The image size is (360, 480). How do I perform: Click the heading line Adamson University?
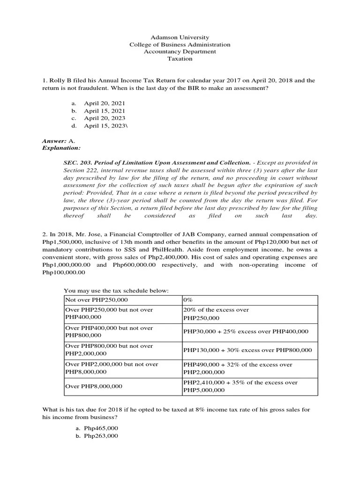pyautogui.click(x=180, y=37)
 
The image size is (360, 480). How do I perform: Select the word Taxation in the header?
pyautogui.click(x=180, y=59)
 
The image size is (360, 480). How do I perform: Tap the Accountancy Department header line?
pyautogui.click(x=180, y=52)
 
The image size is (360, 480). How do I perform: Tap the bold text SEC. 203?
pyautogui.click(x=77, y=163)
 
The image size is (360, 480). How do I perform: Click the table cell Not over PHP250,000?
pyautogui.click(x=97, y=300)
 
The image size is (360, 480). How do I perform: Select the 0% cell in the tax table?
pyautogui.click(x=188, y=300)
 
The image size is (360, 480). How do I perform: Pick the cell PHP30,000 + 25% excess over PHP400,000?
pyautogui.click(x=246, y=331)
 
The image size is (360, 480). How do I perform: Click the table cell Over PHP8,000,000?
pyautogui.click(x=94, y=386)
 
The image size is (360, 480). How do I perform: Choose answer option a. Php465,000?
pyautogui.click(x=101, y=428)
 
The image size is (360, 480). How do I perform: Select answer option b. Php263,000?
pyautogui.click(x=101, y=436)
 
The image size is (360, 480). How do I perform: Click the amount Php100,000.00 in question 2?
pyautogui.click(x=64, y=272)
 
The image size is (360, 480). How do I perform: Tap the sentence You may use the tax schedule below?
pyautogui.click(x=116, y=291)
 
